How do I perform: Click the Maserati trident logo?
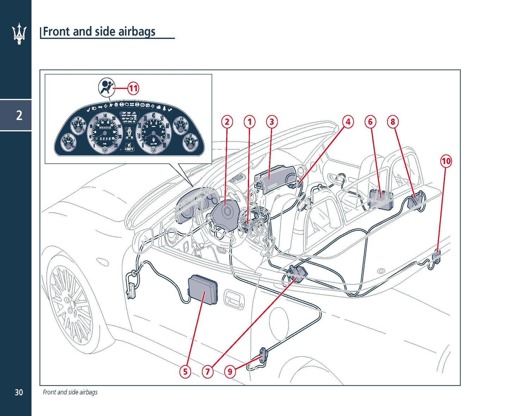tap(19, 34)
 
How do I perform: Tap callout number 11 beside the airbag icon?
tap(133, 88)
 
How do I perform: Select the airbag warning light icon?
tap(106, 87)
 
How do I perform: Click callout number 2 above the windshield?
tap(227, 122)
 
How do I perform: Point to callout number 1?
tap(249, 122)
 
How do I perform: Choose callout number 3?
tap(272, 122)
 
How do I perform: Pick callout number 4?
tap(348, 122)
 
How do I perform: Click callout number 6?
tap(370, 122)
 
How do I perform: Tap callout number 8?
tap(393, 122)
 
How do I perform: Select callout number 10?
tap(446, 161)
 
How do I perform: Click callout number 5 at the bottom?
tap(185, 371)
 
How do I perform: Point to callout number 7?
tap(207, 371)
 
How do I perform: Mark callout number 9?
tap(230, 371)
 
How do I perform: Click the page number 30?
tap(19, 392)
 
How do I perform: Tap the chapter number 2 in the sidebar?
tap(19, 115)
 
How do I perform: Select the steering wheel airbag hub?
tap(225, 212)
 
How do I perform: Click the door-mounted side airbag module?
tap(203, 290)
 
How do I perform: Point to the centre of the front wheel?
tap(72, 309)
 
